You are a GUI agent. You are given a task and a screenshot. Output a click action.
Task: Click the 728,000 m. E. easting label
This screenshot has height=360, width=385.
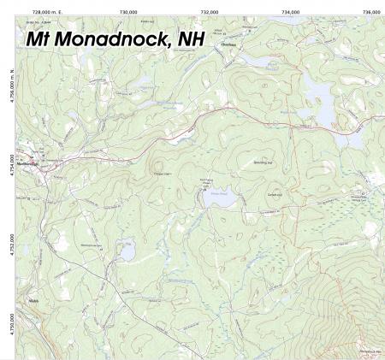click(x=46, y=11)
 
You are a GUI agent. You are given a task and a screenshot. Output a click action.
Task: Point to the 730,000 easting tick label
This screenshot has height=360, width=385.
click(x=128, y=11)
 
